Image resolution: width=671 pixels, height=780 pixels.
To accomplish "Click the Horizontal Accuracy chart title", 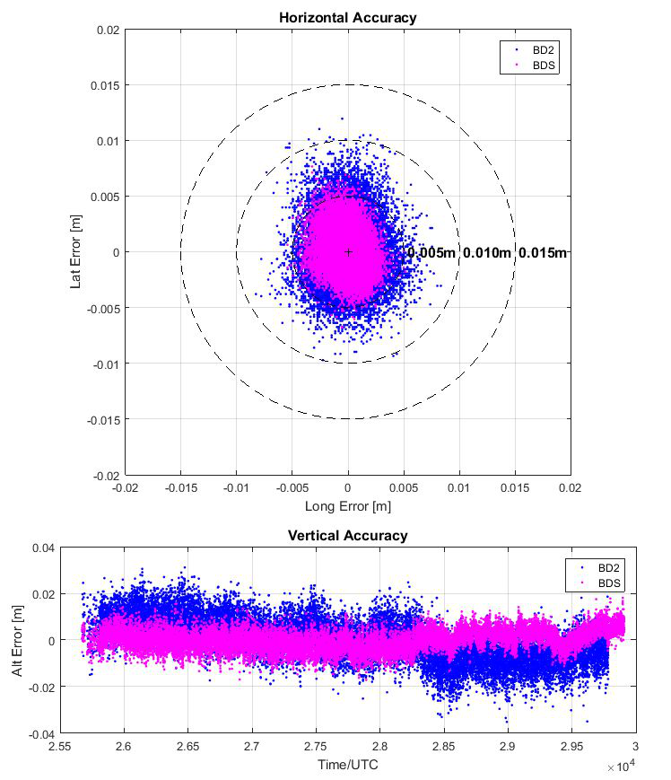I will coord(347,17).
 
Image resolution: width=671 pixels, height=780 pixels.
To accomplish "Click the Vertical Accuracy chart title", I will coord(347,536).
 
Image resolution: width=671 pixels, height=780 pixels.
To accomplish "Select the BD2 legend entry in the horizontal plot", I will coord(539,50).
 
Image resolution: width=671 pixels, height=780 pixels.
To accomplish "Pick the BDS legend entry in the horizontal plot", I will coord(539,66).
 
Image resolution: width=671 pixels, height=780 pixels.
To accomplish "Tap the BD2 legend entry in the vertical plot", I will coord(601,568).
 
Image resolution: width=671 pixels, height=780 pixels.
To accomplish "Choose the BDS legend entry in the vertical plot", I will coord(601,583).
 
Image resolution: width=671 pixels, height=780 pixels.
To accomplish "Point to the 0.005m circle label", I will coord(431,253).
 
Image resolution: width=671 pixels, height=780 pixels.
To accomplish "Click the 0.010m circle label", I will coord(487,253).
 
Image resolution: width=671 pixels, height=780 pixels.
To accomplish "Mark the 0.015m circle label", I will coord(543,253).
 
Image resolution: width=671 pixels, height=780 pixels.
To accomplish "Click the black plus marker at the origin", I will coord(348,252).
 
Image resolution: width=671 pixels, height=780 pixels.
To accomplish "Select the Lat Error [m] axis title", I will coord(76,252).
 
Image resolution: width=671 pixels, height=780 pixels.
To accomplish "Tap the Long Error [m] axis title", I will coord(347,507).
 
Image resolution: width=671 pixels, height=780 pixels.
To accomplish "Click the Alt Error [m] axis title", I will coord(18,641).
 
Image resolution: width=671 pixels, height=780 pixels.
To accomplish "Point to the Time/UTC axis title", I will coord(347,764).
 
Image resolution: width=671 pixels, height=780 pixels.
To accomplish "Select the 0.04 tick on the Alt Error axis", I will coord(43,548).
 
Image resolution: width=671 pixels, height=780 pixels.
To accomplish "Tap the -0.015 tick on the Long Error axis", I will coord(180,487).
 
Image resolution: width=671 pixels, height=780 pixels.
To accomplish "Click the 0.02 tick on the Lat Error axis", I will coord(108,30).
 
